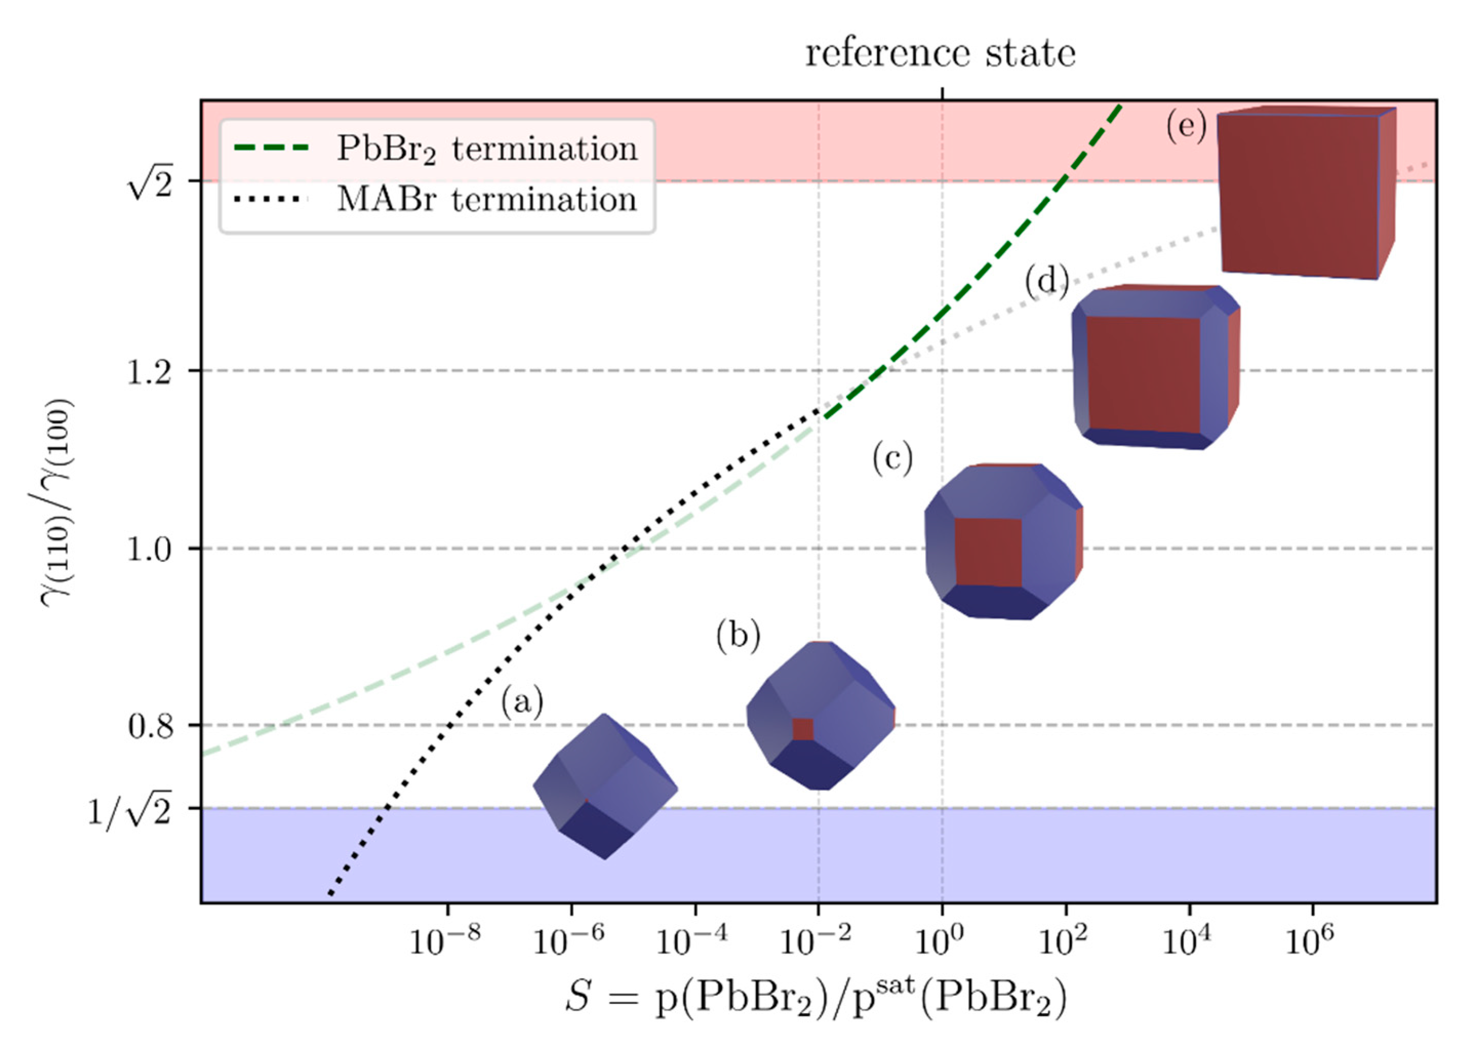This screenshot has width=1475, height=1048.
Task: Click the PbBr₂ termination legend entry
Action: [487, 150]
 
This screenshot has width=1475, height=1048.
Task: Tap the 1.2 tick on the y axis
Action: [149, 372]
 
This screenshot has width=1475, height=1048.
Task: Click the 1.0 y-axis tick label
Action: [149, 551]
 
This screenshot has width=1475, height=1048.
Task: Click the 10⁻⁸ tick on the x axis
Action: [445, 942]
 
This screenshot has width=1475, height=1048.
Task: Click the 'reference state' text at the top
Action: [940, 53]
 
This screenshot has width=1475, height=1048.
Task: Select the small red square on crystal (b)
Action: [803, 729]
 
